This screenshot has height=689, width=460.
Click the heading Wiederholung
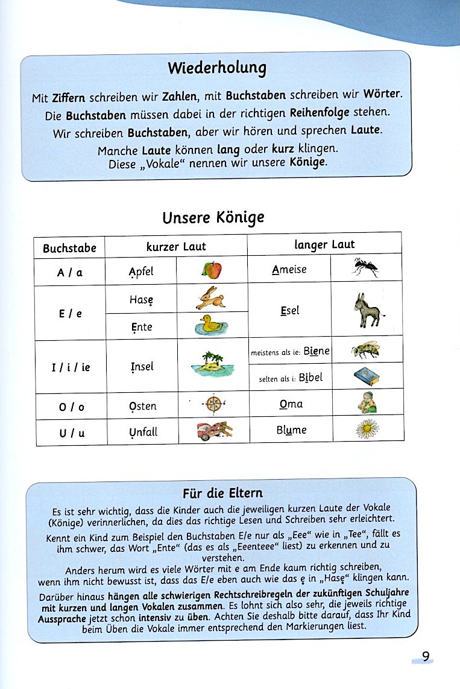pyautogui.click(x=217, y=68)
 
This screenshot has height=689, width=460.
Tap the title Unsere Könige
pyautogui.click(x=213, y=217)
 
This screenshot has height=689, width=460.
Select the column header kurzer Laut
pyautogui.click(x=176, y=246)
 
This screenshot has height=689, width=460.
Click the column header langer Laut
pyautogui.click(x=324, y=244)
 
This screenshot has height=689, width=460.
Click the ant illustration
pyautogui.click(x=366, y=267)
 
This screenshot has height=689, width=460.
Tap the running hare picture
pyautogui.click(x=211, y=298)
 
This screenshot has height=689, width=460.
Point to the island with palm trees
pyautogui.click(x=212, y=364)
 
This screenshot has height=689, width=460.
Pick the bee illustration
pyautogui.click(x=365, y=349)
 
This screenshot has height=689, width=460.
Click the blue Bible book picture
pyautogui.click(x=367, y=377)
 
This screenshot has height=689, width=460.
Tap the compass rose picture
pyautogui.click(x=213, y=403)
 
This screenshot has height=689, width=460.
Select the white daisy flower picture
pyautogui.click(x=367, y=429)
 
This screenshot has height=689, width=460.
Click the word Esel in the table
pyautogui.click(x=289, y=311)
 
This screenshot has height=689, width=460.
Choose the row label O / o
pyautogui.click(x=71, y=407)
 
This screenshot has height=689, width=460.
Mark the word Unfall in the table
pyautogui.click(x=142, y=432)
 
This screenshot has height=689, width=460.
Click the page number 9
pyautogui.click(x=426, y=656)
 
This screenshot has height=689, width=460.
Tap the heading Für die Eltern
pyautogui.click(x=222, y=493)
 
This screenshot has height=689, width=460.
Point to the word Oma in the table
pyautogui.click(x=291, y=404)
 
